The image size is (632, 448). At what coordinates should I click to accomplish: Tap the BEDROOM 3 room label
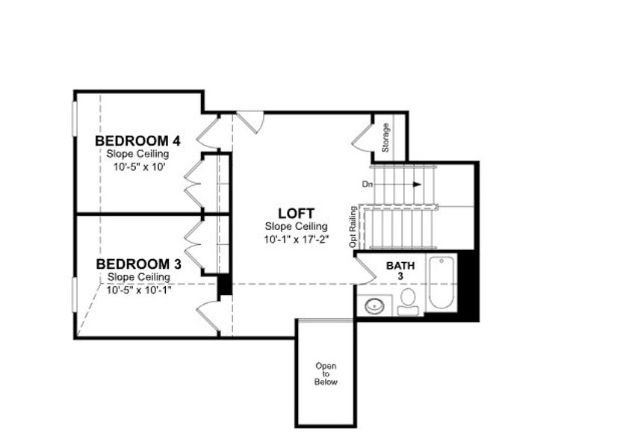click(138, 264)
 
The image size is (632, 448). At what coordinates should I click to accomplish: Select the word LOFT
click(295, 213)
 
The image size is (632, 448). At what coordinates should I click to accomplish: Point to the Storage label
click(385, 137)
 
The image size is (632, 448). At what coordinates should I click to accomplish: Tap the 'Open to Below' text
click(326, 373)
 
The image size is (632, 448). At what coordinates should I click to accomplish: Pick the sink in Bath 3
click(373, 305)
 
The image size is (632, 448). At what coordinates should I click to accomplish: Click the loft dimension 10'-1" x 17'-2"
click(295, 240)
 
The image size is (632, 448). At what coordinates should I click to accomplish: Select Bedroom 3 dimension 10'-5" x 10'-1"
click(139, 290)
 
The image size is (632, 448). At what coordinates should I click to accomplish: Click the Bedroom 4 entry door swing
click(207, 131)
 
